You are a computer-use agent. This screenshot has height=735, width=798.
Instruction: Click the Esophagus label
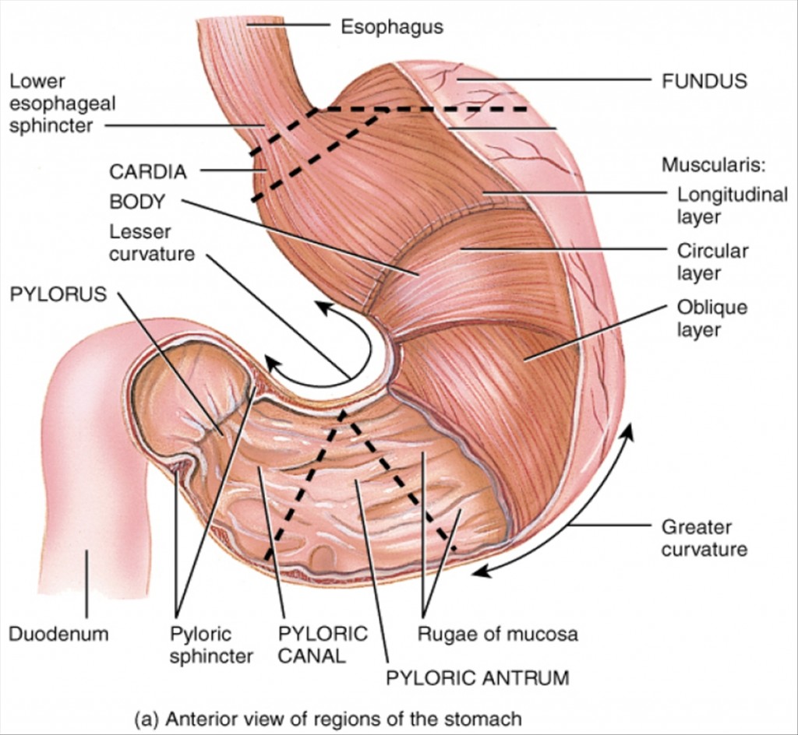pos(391,26)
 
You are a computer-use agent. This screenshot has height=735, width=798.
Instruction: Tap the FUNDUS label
pos(704,80)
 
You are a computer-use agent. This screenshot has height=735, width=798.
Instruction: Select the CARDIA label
pos(147,171)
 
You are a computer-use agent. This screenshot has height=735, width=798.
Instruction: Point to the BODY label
pos(137,202)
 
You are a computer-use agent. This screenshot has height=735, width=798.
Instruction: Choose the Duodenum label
pos(58,633)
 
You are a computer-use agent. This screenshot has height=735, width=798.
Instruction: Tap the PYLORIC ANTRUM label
pos(477,677)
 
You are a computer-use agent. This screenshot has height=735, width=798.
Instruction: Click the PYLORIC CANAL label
pos(322,644)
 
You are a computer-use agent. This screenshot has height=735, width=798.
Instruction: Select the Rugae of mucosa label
pos(497,633)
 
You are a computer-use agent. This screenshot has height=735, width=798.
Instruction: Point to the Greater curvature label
pos(704,538)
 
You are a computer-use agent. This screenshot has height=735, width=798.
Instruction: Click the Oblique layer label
pos(711,318)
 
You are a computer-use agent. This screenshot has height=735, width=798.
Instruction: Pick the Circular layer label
pos(711,262)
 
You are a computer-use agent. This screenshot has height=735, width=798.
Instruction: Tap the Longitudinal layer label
pos(731,205)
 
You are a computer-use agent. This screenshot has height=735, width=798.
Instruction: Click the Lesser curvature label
pos(151,242)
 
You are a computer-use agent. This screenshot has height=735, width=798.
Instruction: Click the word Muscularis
pos(714,165)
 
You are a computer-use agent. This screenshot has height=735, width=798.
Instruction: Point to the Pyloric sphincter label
pos(210,644)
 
